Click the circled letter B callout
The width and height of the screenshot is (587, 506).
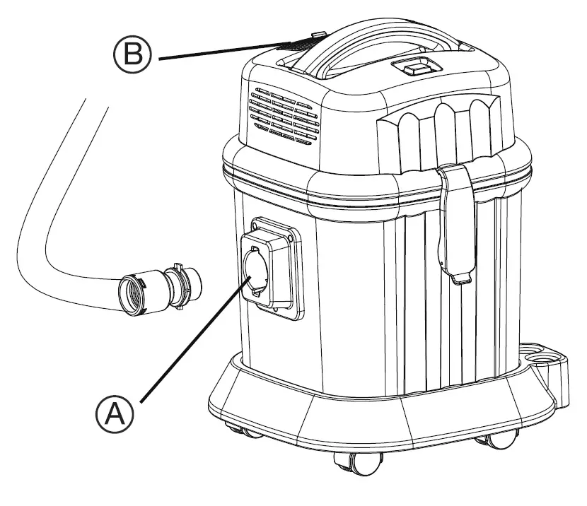coord(132,55)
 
